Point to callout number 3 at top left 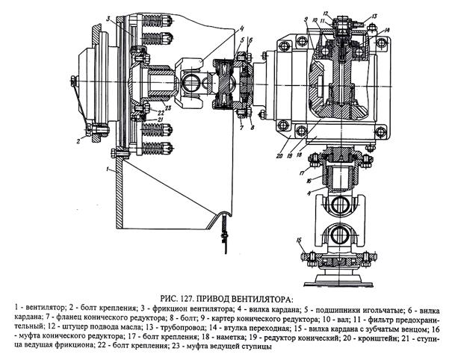[x=108, y=16]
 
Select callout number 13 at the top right [x=374, y=16]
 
